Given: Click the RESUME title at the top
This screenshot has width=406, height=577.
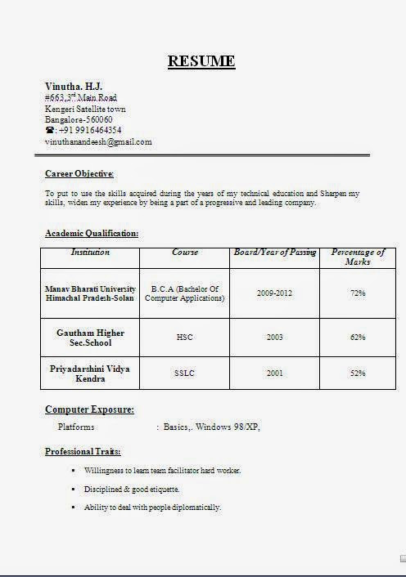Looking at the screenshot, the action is (x=201, y=61).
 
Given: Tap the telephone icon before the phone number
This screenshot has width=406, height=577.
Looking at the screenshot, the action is (x=50, y=130).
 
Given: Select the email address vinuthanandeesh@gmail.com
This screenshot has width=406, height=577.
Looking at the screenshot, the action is (x=98, y=141).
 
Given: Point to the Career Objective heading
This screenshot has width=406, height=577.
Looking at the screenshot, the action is (x=79, y=173).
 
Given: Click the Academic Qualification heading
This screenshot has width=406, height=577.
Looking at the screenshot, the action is (x=92, y=234).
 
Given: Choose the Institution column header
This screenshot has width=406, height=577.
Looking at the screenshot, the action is (x=90, y=253).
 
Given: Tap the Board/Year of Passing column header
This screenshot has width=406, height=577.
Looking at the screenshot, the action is (x=274, y=253).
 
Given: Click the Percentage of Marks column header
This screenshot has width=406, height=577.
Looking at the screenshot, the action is (x=358, y=257).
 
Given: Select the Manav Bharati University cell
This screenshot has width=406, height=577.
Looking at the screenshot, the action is (x=90, y=293).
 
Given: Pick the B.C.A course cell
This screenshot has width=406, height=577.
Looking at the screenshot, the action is (x=184, y=293).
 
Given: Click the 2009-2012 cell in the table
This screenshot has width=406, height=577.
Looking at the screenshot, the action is (x=274, y=293).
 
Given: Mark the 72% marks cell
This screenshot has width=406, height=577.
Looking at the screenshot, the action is (x=358, y=293).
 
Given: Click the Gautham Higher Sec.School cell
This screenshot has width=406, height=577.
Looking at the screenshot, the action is (x=90, y=338).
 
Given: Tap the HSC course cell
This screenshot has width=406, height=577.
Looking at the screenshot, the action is (x=184, y=337).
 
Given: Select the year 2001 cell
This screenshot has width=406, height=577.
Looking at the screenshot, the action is (x=274, y=373).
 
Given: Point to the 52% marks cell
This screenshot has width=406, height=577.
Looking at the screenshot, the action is (x=358, y=373).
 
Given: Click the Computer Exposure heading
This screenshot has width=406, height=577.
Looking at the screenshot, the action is (x=89, y=409).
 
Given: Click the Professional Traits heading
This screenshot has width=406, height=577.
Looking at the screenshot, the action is (x=83, y=451).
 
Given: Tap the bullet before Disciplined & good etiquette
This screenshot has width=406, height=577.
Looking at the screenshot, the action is (x=74, y=489).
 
